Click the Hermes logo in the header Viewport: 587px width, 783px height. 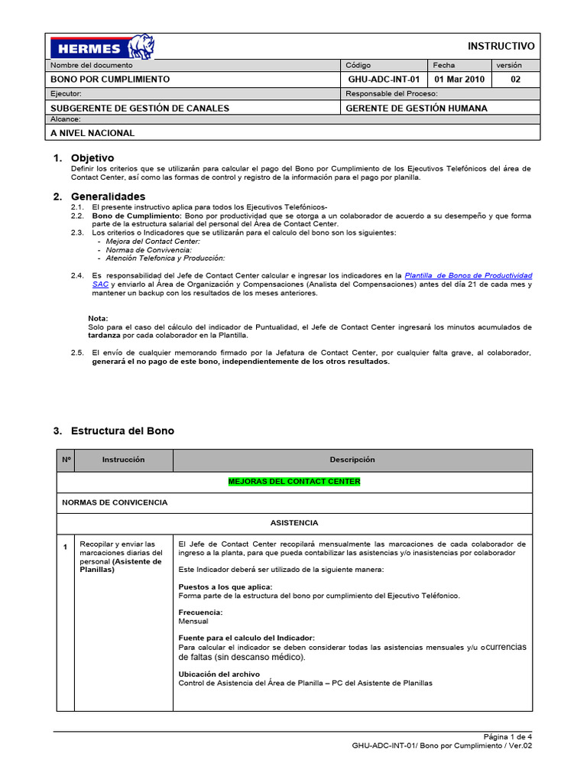[102, 47]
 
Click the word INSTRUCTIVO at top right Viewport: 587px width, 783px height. [501, 47]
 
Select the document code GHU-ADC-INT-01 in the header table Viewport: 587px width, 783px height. [384, 79]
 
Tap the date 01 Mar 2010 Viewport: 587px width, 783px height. [460, 79]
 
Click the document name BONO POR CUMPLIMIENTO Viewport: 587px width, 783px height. [110, 79]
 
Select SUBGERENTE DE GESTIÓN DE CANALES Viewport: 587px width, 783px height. [140, 108]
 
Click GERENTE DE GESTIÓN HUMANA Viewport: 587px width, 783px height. [416, 108]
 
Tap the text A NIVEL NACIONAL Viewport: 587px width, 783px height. [92, 133]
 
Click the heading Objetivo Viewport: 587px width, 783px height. [92, 158]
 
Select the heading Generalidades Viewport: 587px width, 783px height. [108, 197]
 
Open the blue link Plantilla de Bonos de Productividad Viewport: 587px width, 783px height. [468, 275]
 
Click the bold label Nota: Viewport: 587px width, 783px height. [99, 318]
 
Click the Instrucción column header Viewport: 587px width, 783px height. [123, 460]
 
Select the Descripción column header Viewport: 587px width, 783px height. [352, 460]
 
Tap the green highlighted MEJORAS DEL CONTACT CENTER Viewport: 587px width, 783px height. [294, 482]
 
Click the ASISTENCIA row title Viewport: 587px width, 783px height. [294, 523]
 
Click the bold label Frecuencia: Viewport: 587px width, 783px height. [200, 612]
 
